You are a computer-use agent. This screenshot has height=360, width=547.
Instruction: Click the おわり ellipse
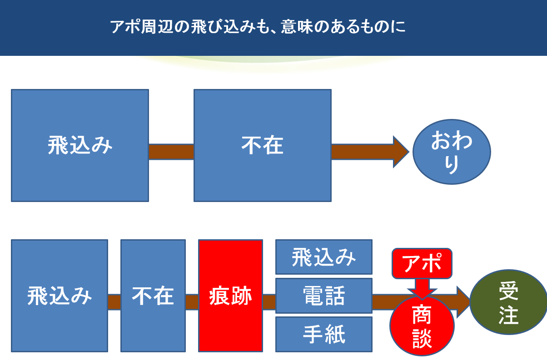click(452, 152)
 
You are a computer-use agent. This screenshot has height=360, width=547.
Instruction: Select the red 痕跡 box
click(230, 296)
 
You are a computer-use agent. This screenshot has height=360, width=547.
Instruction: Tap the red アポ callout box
click(422, 263)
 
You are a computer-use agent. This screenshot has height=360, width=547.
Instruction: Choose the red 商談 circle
click(422, 326)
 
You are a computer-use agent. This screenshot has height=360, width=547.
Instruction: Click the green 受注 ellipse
click(508, 302)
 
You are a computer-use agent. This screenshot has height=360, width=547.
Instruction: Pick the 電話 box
click(324, 296)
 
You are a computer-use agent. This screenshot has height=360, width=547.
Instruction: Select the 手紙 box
click(324, 334)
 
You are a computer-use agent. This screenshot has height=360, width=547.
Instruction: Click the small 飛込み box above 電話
click(324, 257)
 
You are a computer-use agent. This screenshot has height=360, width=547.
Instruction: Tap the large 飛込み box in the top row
click(80, 145)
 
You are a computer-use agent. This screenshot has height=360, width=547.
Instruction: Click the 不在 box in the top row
click(263, 145)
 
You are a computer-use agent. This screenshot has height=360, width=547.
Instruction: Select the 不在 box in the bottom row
click(153, 296)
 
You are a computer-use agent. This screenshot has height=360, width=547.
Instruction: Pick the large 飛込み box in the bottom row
click(60, 296)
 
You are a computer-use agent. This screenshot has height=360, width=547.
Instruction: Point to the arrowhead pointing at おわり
click(401, 152)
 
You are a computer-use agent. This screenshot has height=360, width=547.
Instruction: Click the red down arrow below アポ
click(422, 289)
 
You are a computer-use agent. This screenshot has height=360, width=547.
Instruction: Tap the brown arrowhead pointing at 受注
click(463, 302)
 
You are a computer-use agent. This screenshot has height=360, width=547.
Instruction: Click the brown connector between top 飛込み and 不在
click(171, 152)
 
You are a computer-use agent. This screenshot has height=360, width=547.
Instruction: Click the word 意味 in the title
click(297, 27)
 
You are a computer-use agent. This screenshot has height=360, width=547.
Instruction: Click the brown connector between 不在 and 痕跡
click(192, 302)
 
